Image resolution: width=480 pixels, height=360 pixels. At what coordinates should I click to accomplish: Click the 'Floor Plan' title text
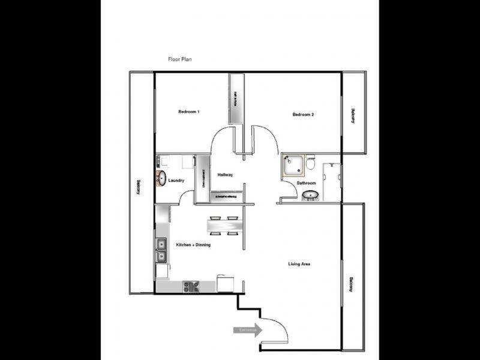[x=179, y=59]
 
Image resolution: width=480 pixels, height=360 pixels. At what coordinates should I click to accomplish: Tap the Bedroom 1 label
[x=189, y=112]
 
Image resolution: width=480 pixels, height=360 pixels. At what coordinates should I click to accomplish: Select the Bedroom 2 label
[x=303, y=115]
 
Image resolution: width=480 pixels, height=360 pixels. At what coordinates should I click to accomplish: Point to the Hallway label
[x=225, y=175]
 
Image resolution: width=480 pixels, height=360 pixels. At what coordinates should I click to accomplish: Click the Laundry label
[x=176, y=181]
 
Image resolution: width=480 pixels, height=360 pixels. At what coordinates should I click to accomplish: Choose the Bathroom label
[x=306, y=182]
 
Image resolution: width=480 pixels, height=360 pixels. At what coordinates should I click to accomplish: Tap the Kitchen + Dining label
[x=193, y=245]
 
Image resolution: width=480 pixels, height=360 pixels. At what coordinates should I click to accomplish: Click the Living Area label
[x=299, y=264]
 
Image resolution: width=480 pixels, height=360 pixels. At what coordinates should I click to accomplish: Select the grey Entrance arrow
[x=248, y=330]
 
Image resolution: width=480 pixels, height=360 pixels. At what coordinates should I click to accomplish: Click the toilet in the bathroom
[x=310, y=163]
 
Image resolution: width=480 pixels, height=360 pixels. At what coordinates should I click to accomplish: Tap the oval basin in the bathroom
[x=311, y=195]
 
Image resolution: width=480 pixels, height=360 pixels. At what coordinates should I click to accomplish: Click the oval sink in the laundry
[x=161, y=178]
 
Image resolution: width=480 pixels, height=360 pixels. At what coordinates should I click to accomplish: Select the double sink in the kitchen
[x=161, y=251]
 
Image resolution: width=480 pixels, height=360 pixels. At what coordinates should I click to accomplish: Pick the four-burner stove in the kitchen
[x=191, y=287]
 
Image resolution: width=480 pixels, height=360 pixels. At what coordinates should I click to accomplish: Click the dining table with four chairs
[x=224, y=226]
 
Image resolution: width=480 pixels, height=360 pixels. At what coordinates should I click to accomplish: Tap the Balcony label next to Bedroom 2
[x=353, y=115]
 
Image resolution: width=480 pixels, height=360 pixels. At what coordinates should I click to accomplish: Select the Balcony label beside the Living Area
[x=352, y=283]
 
